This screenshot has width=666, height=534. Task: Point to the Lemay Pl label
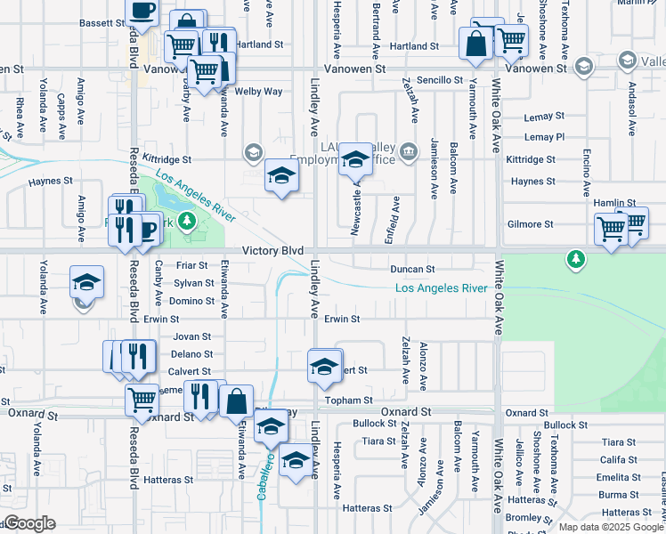(544, 137)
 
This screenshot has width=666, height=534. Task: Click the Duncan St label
(411, 269)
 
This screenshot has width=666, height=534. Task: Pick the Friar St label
(191, 265)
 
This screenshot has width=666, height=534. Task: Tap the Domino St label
(191, 301)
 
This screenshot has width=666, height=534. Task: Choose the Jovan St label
(191, 336)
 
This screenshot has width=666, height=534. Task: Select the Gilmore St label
(530, 224)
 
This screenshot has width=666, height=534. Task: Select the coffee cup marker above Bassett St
(142, 11)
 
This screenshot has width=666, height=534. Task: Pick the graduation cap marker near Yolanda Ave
(86, 283)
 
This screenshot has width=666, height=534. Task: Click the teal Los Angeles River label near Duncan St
(441, 288)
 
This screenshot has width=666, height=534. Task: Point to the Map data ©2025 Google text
(611, 527)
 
